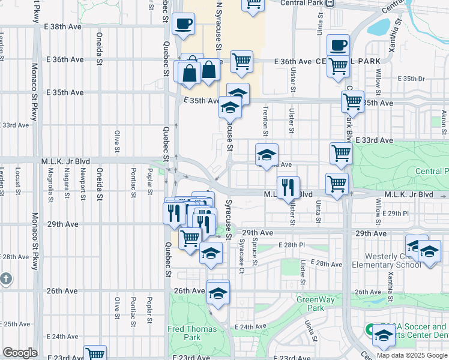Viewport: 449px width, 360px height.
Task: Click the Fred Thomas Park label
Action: (192, 333)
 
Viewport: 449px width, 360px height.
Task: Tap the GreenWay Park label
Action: (310, 303)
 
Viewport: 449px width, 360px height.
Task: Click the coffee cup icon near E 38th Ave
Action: (183, 24)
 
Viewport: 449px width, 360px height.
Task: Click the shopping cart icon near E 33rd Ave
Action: (341, 154)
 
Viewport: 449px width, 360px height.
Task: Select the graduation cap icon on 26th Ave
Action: (218, 293)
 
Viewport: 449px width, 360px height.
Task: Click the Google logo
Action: (20, 353)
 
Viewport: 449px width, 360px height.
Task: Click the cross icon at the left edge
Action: (5, 279)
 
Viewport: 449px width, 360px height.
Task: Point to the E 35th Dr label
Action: (411, 79)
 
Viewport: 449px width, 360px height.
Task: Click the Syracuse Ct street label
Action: (241, 255)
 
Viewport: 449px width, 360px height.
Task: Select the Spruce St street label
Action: (255, 254)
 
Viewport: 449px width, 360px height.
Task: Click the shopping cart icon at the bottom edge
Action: (95, 354)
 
